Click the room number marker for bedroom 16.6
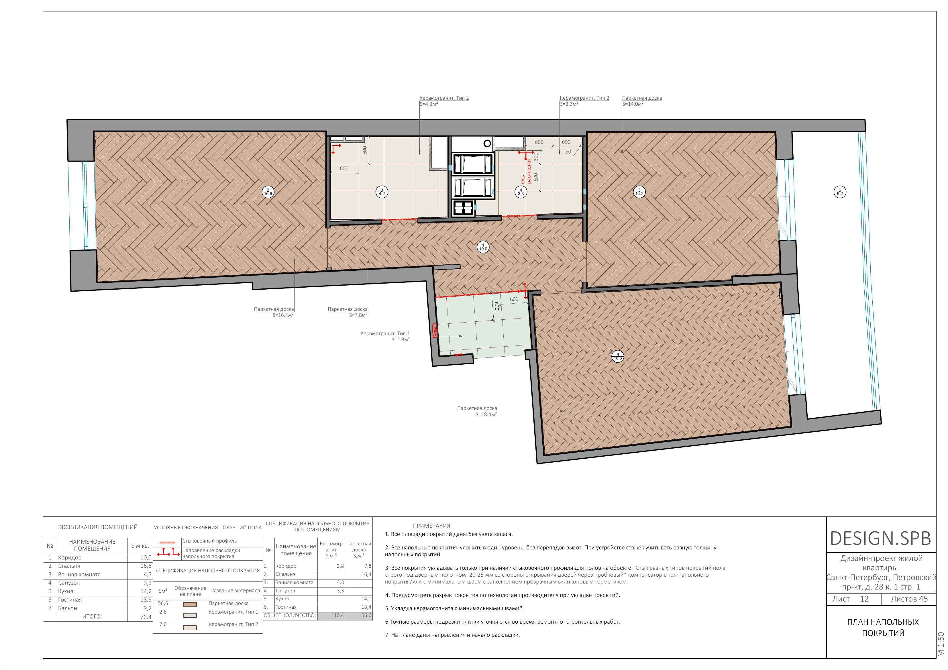click(268, 192)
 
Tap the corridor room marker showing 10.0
click(483, 247)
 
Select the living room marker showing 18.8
click(618, 356)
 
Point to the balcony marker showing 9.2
click(840, 192)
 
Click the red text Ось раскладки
click(526, 171)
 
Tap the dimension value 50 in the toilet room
click(568, 152)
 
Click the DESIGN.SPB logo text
click(881, 538)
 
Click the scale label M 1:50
click(941, 644)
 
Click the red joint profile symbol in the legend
click(167, 542)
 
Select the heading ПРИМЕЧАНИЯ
click(431, 526)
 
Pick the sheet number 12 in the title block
click(864, 599)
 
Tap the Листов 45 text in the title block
click(909, 599)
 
